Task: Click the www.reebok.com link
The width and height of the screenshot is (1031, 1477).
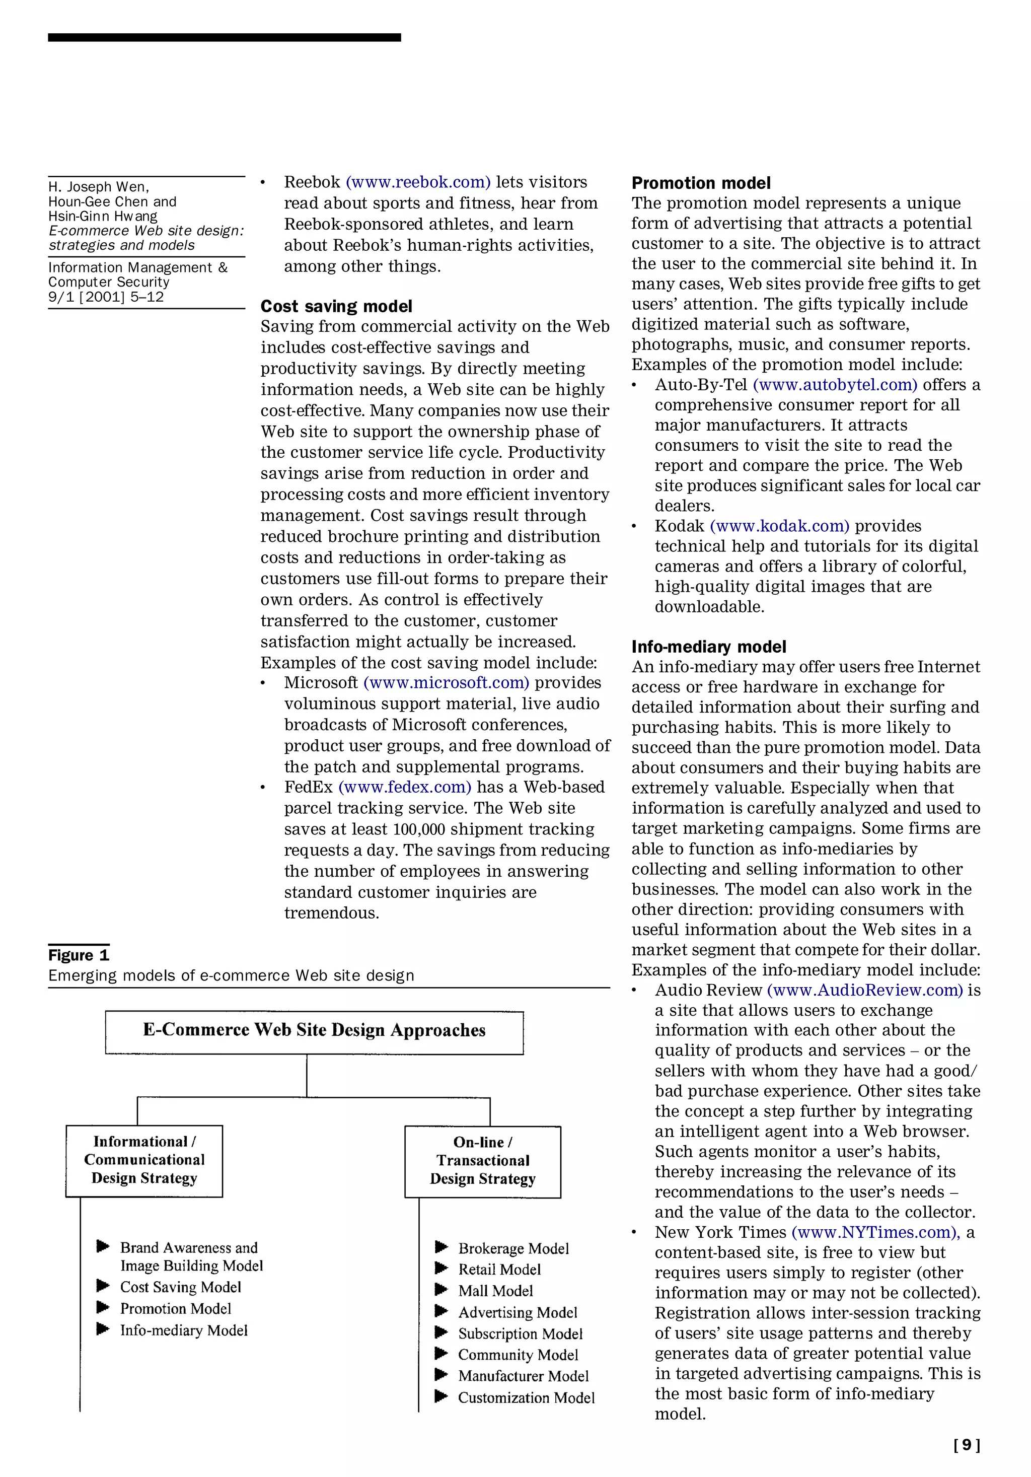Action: point(418,183)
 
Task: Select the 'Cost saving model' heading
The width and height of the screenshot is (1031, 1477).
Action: point(336,306)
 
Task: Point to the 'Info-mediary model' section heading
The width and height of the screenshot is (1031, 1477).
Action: point(709,647)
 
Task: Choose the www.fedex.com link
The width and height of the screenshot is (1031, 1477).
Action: point(405,788)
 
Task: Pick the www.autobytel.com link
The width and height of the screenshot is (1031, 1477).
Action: point(835,385)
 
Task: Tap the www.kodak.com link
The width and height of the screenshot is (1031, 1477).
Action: point(779,526)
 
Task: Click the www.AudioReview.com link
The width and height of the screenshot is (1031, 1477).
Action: point(865,990)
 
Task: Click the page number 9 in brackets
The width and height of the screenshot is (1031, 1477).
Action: point(967,1445)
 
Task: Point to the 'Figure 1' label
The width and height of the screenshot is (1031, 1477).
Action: point(79,955)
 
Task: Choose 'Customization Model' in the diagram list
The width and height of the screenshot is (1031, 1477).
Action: point(526,1398)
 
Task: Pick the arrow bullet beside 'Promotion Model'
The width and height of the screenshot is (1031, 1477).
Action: point(103,1307)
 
